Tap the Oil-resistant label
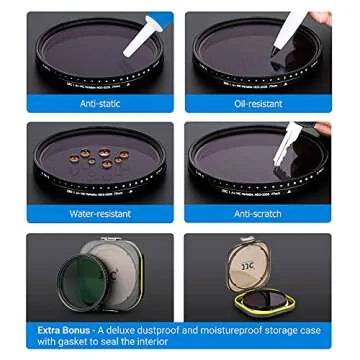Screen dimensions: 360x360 click(259, 102)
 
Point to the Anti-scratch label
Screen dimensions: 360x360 click(258, 213)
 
